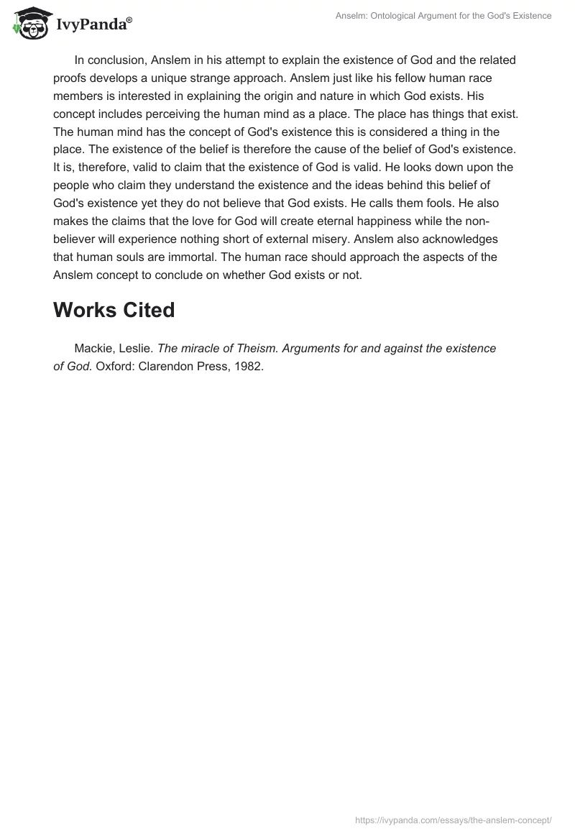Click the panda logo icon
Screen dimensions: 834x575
pos(28,24)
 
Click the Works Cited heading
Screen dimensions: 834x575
pos(114,310)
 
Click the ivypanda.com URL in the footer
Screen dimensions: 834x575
pos(454,820)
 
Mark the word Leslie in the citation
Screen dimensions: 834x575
pos(135,349)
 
